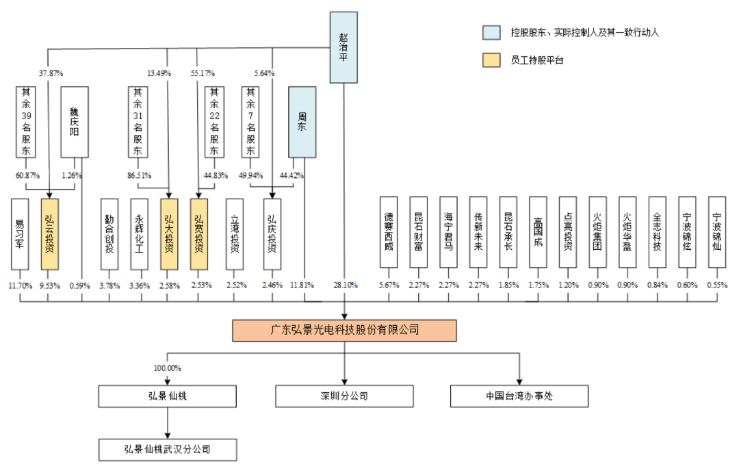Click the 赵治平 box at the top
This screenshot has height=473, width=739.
coord(343,47)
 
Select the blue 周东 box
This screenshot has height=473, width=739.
coord(302,122)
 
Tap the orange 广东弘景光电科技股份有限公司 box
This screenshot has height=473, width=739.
coord(344,330)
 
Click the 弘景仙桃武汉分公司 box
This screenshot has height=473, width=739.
coord(168,450)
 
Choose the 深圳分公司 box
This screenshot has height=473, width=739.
coord(344,396)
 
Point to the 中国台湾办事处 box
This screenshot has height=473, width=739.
coord(519,396)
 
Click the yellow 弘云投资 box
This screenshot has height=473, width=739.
coord(49,234)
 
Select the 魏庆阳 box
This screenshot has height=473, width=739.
coord(75,122)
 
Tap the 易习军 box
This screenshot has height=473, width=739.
coord(20,234)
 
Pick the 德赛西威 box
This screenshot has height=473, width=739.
coord(389,232)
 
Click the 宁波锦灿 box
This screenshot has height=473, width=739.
coord(717,232)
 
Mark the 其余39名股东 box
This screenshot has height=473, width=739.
coord(26,122)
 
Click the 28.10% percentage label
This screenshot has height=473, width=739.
coord(346,285)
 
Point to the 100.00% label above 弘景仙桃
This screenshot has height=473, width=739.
coord(168,368)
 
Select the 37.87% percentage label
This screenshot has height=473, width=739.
coord(51,73)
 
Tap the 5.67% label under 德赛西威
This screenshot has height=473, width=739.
coord(389,285)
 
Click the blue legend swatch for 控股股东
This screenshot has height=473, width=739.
coord(491,32)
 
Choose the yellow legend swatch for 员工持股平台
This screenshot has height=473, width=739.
coord(491,60)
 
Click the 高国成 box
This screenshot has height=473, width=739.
coord(538,232)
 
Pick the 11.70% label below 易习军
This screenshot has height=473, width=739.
coord(21,285)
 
